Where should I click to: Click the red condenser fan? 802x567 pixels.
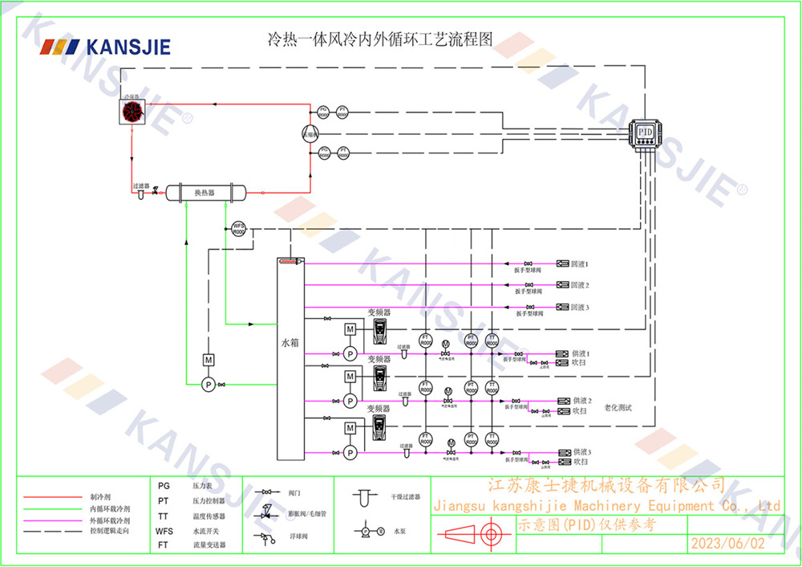tap(132, 112)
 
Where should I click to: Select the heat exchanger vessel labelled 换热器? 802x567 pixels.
tap(205, 193)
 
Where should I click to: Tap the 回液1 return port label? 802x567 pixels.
tap(580, 263)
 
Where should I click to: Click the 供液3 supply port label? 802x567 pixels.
tap(581, 453)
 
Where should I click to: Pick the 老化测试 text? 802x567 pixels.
tap(618, 408)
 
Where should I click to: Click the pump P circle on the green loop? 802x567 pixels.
tap(208, 385)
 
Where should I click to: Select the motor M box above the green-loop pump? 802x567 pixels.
tap(208, 359)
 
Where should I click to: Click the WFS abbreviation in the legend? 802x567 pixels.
tap(164, 531)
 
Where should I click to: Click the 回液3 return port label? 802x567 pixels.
tap(580, 308)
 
